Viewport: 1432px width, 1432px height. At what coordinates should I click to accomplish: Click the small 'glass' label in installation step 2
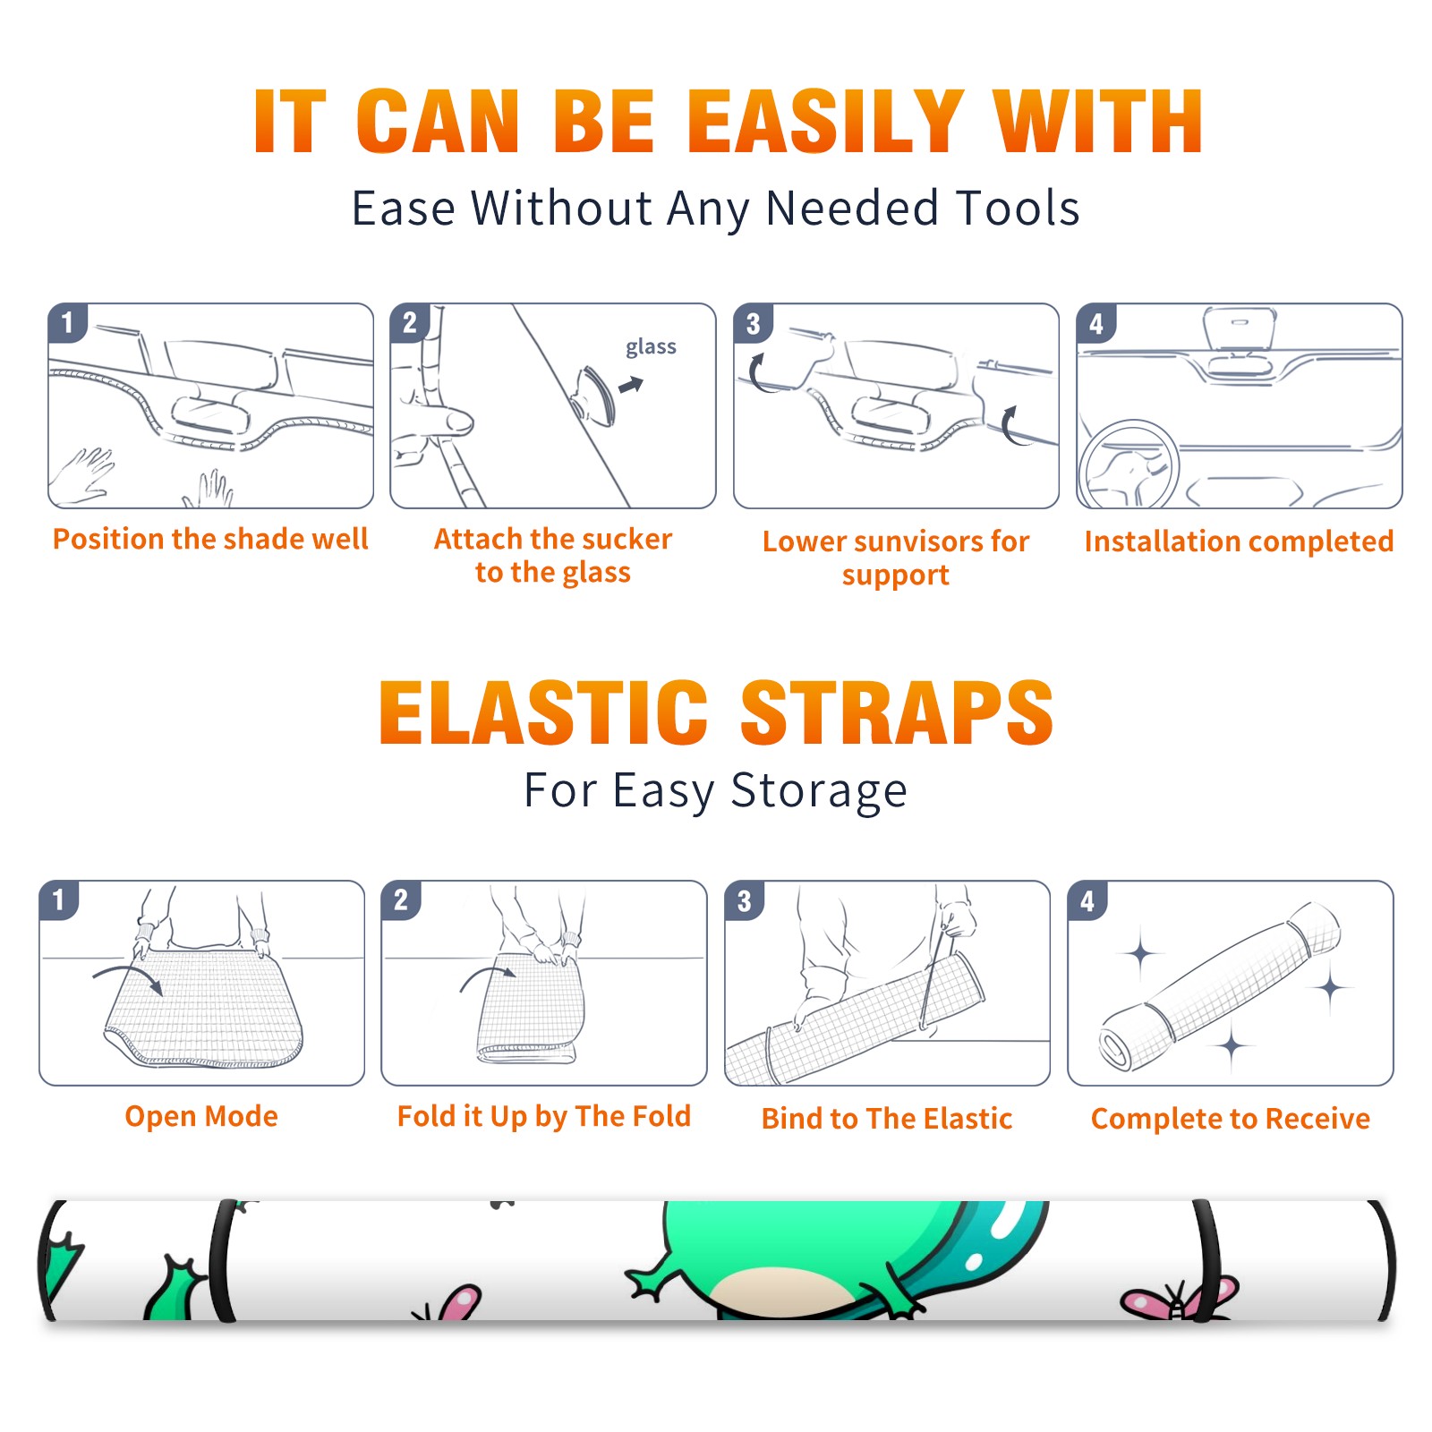651,347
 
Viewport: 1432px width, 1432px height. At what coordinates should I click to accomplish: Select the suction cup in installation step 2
594,394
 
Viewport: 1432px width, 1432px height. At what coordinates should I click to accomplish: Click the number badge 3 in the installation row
754,323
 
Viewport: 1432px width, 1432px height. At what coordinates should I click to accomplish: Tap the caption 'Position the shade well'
210,539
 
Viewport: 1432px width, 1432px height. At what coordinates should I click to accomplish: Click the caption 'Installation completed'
1239,541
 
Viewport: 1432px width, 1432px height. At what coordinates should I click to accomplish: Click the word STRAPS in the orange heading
897,712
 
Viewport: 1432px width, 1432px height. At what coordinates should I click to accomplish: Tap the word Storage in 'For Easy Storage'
819,791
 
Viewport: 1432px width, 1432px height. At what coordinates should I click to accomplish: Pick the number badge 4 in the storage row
1087,900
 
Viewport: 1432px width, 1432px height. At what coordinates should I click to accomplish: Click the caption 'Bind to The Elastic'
887,1118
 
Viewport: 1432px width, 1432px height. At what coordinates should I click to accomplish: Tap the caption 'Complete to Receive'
1231,1118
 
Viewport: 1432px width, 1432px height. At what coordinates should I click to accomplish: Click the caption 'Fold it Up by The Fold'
544,1116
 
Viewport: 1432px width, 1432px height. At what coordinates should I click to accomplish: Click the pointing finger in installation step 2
439,421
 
